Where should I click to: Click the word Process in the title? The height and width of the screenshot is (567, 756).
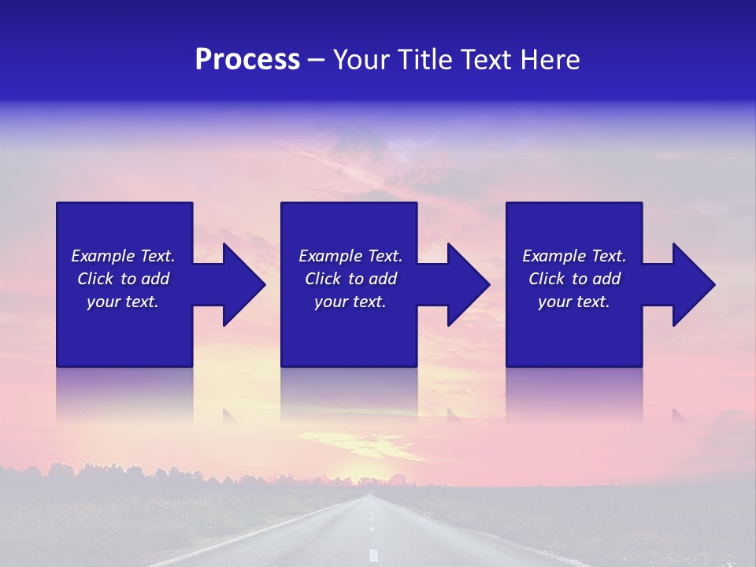pyautogui.click(x=247, y=60)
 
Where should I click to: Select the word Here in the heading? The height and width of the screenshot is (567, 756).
pyautogui.click(x=550, y=60)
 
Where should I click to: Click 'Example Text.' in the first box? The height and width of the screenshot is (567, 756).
pyautogui.click(x=123, y=256)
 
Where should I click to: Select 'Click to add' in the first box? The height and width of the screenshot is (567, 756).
pyautogui.click(x=123, y=279)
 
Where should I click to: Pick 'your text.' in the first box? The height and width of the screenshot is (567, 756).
pyautogui.click(x=123, y=302)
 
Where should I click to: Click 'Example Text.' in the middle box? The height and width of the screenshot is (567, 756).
pyautogui.click(x=350, y=256)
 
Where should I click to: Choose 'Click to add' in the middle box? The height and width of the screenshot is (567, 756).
pyautogui.click(x=350, y=279)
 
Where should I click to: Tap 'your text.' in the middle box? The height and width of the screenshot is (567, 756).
pyautogui.click(x=350, y=302)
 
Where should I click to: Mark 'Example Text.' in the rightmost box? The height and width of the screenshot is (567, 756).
pyautogui.click(x=574, y=256)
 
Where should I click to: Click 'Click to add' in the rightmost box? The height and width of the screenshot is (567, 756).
pyautogui.click(x=574, y=279)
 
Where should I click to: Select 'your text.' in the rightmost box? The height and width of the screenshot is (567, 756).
pyautogui.click(x=574, y=302)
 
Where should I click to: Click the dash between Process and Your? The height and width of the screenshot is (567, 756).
pyautogui.click(x=316, y=61)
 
